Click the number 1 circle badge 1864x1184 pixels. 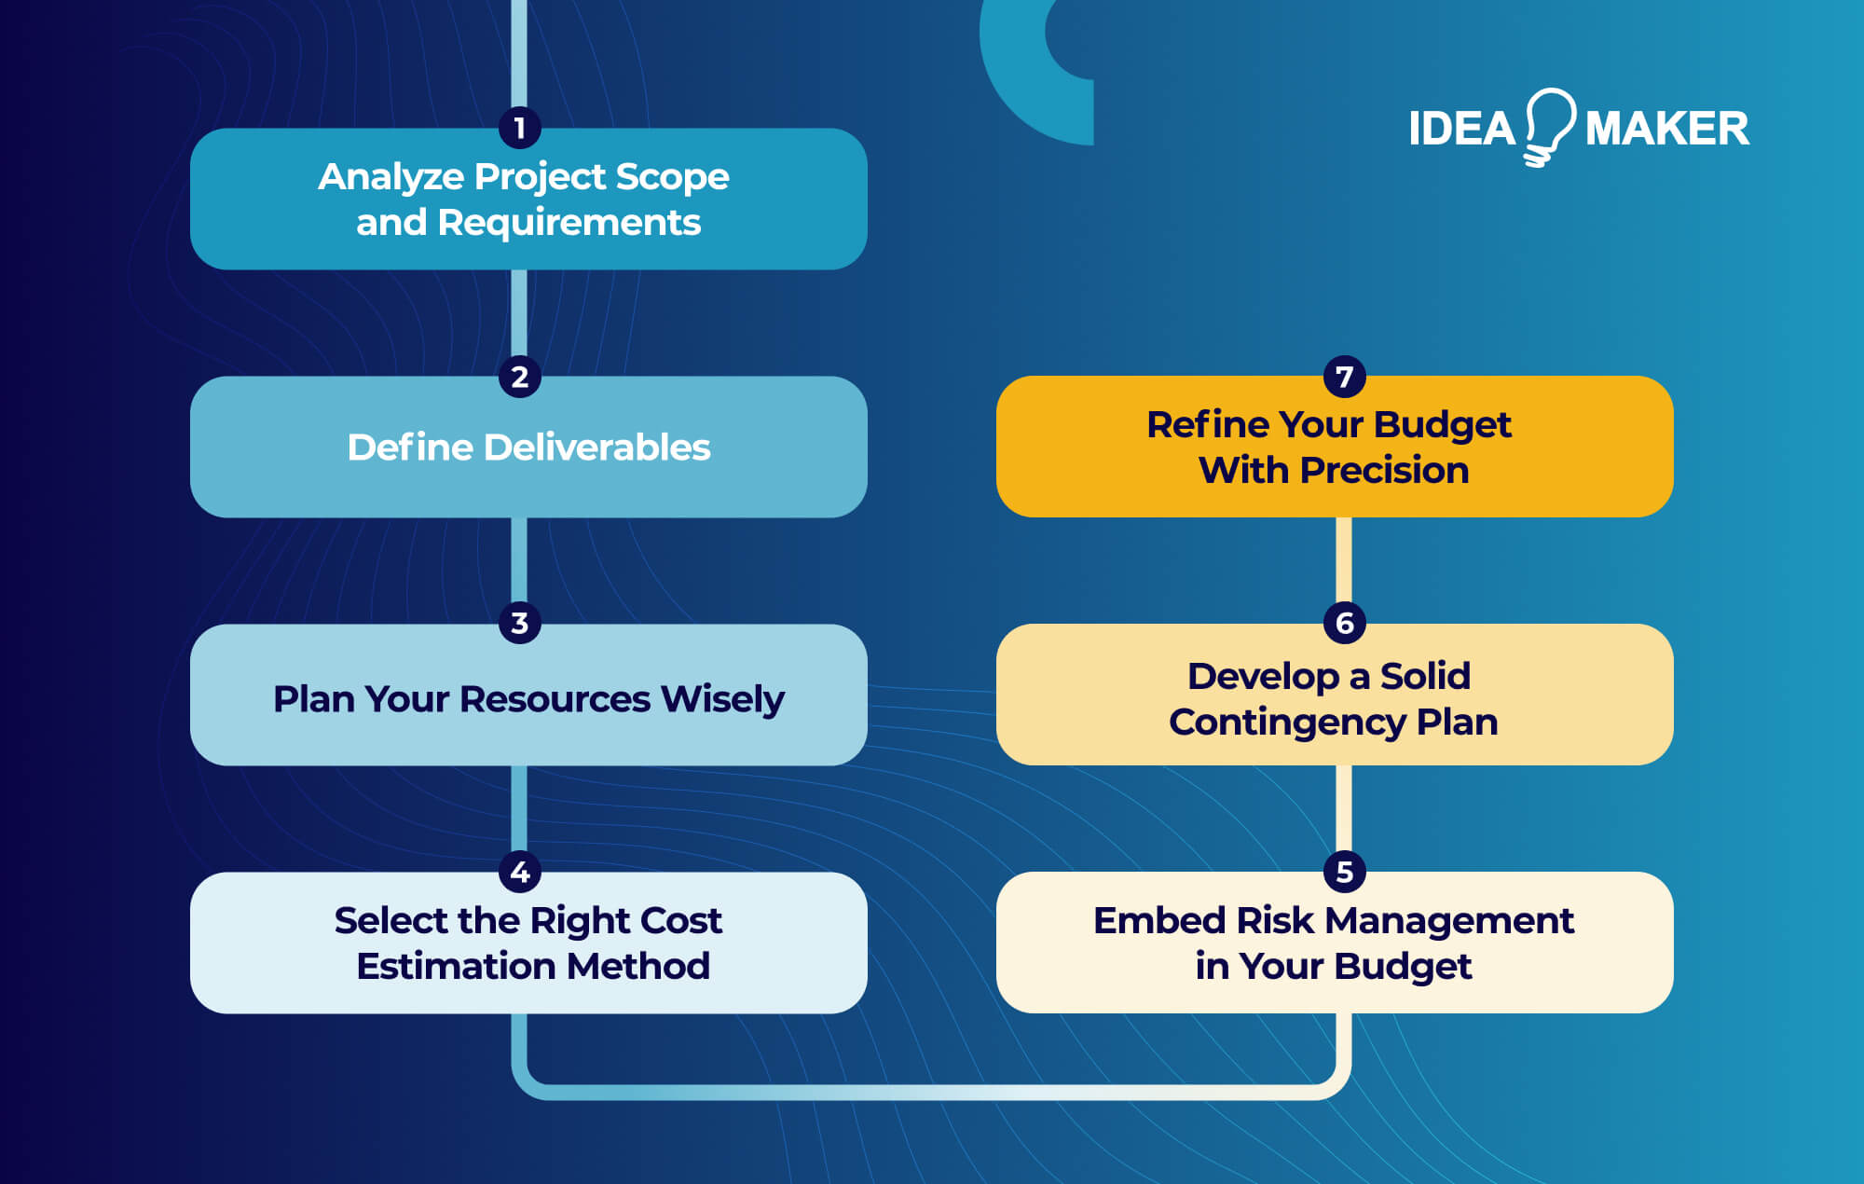(520, 128)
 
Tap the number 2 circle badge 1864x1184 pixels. (520, 377)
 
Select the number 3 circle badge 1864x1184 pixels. (520, 623)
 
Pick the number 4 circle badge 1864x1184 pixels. (520, 872)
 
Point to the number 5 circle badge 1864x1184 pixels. (1344, 872)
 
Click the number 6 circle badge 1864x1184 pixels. (1344, 623)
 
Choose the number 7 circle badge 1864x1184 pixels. (1344, 377)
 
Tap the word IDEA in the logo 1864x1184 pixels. (1461, 129)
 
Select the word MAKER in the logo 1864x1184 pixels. (1667, 129)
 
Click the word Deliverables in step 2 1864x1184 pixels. (597, 447)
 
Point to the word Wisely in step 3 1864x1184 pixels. (722, 699)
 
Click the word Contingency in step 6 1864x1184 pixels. (1287, 723)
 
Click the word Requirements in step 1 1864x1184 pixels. (569, 223)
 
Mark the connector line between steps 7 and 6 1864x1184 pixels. (1344, 559)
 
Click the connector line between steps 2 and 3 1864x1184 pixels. (519, 559)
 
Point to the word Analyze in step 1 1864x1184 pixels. (391, 177)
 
